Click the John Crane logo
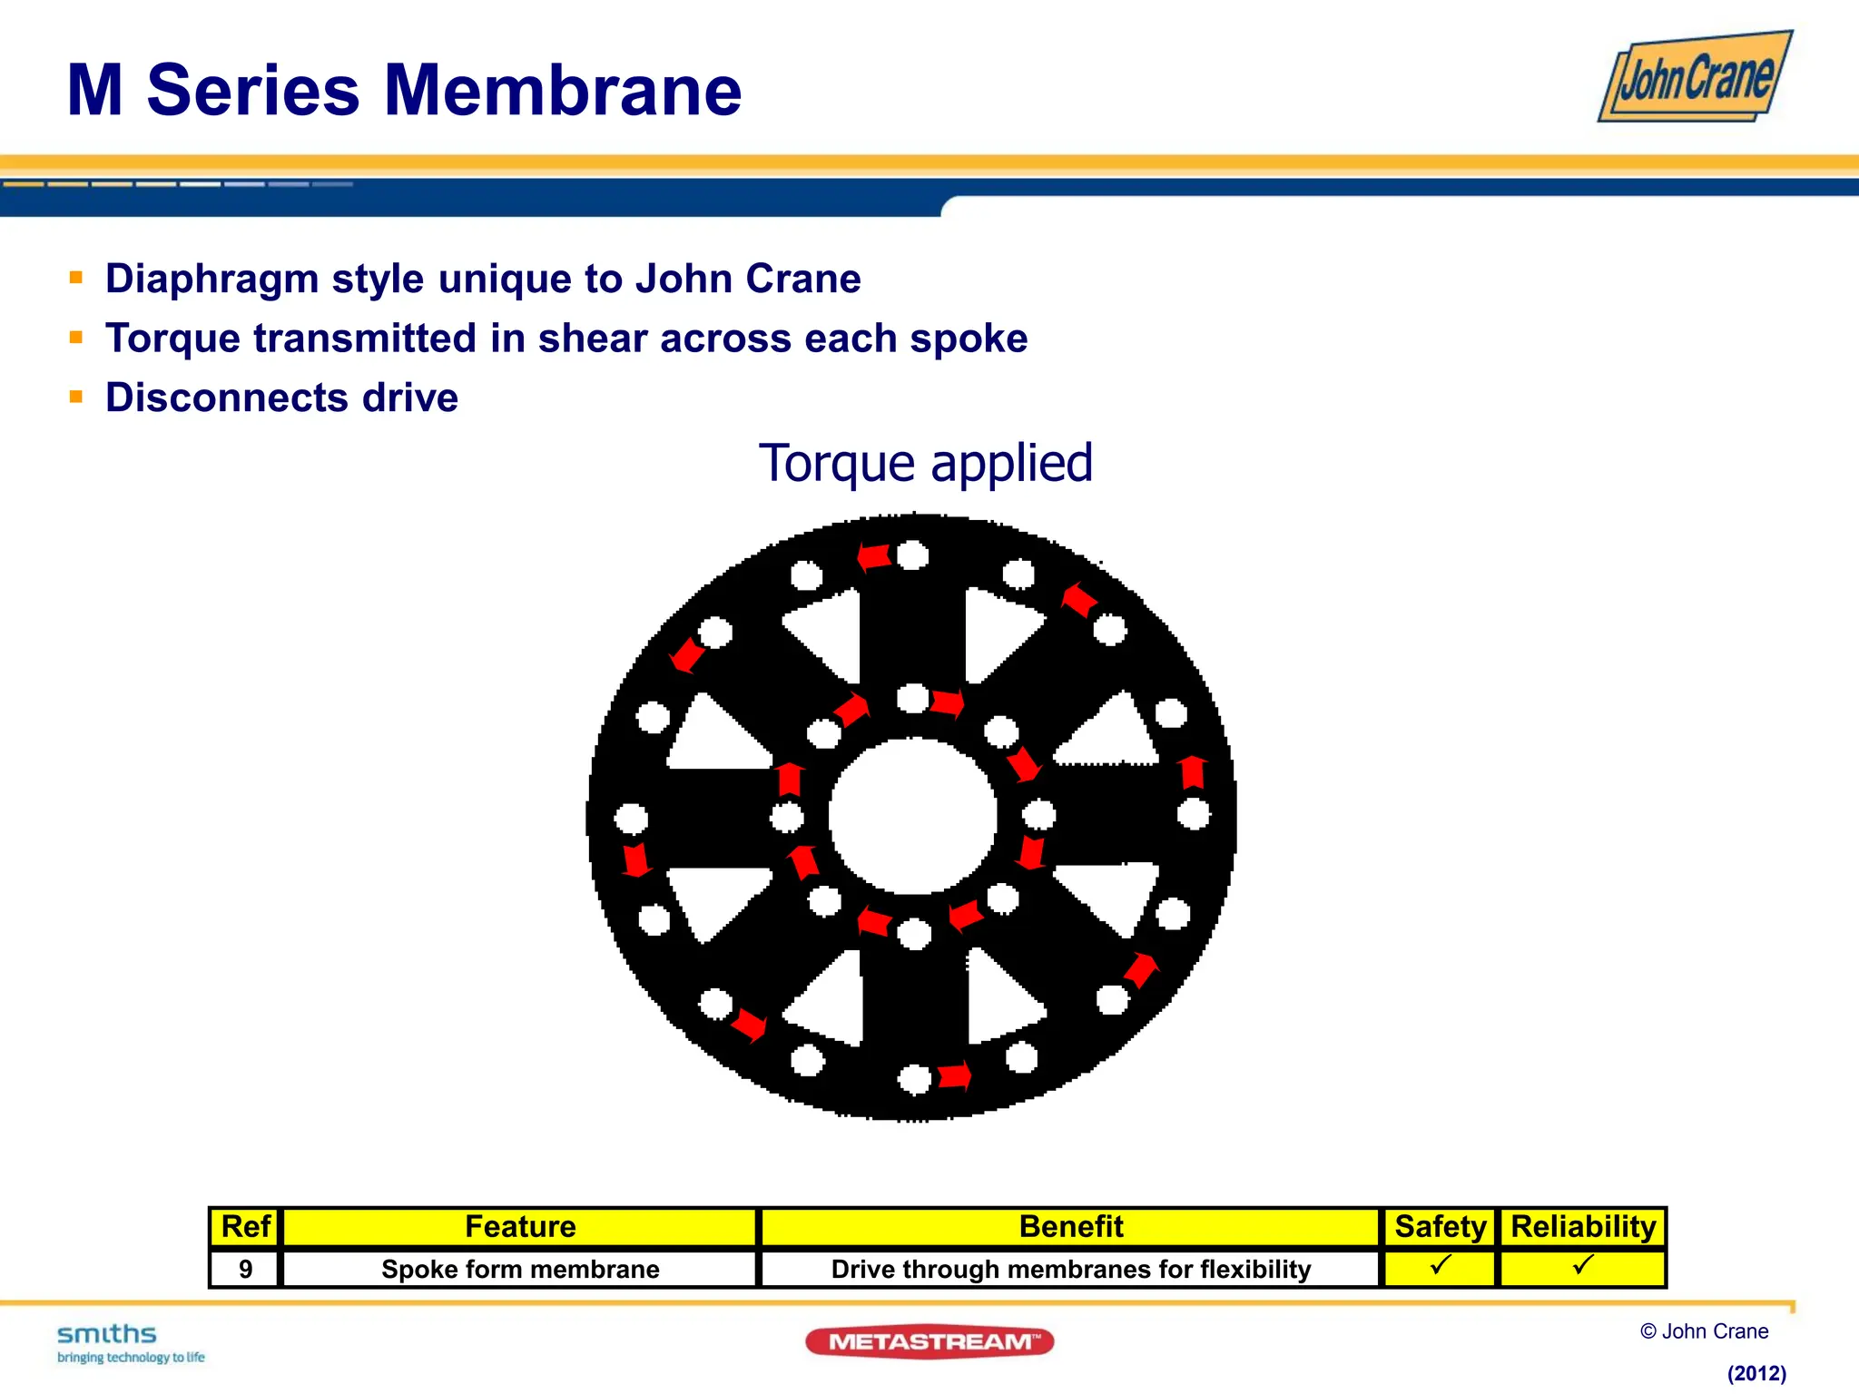[x=1695, y=77]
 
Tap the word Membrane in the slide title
[x=563, y=91]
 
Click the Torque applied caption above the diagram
[x=925, y=463]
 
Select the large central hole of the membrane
[x=913, y=816]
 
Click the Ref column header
[x=245, y=1227]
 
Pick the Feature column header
[x=520, y=1227]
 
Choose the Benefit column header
[x=1070, y=1227]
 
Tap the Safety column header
[x=1440, y=1227]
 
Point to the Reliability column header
[x=1583, y=1227]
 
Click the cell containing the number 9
[x=245, y=1269]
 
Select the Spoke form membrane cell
[x=520, y=1269]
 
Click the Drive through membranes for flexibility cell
[x=1070, y=1269]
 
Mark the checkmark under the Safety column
[x=1441, y=1265]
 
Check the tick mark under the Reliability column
[x=1583, y=1265]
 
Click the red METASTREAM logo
[x=929, y=1341]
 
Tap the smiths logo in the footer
[x=107, y=1335]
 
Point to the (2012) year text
[x=1756, y=1373]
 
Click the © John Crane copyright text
[x=1704, y=1331]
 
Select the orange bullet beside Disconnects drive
[x=76, y=397]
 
